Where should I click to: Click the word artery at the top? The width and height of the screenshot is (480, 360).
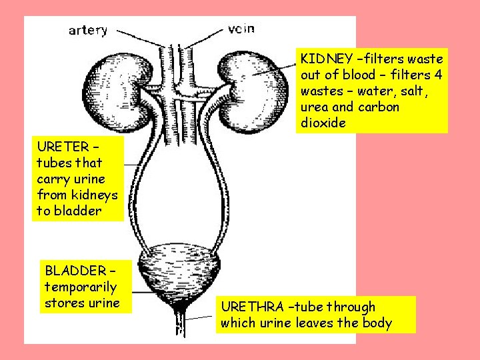click(88, 31)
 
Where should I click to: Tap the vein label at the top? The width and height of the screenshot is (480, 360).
click(241, 29)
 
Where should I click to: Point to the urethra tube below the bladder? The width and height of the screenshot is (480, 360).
click(180, 323)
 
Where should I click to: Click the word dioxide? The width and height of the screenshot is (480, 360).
click(323, 123)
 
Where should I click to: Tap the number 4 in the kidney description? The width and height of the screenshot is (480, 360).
click(437, 75)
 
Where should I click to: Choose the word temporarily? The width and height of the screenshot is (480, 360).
click(81, 287)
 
